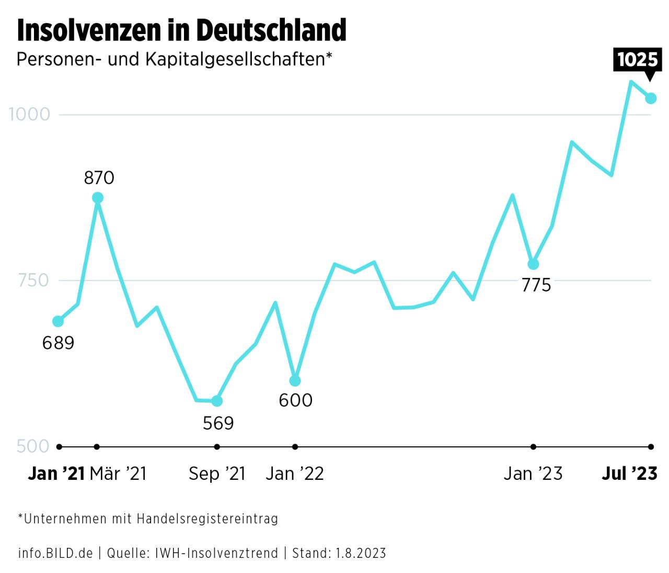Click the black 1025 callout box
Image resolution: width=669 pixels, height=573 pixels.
coord(637,59)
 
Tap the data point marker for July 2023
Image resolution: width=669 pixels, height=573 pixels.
coord(651,98)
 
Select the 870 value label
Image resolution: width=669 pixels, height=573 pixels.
coord(99,178)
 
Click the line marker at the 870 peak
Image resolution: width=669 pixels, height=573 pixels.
coord(97,198)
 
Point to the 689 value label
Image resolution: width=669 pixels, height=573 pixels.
coord(58,343)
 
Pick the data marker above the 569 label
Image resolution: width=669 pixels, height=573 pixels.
coord(217,401)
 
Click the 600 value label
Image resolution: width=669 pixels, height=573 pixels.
coord(295,400)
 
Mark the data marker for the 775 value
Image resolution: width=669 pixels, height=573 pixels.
coord(533,264)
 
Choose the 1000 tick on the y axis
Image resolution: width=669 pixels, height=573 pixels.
coord(30,114)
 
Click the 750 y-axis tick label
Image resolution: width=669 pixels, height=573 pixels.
coord(33,280)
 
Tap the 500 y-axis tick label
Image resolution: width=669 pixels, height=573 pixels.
coord(33,446)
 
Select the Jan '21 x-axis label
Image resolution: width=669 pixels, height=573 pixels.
coord(56,474)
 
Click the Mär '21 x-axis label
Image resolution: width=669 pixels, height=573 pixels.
coord(118,474)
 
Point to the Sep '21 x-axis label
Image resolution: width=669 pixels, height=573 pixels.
coord(217,474)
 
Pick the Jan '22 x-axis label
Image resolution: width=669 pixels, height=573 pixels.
coord(295,474)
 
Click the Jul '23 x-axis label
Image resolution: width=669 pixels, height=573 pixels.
coord(629,474)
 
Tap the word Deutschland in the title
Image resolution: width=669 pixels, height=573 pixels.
coord(271,30)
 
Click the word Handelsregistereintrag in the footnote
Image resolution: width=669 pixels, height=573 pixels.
coord(207,519)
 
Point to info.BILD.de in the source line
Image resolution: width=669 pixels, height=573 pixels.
coord(55,553)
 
